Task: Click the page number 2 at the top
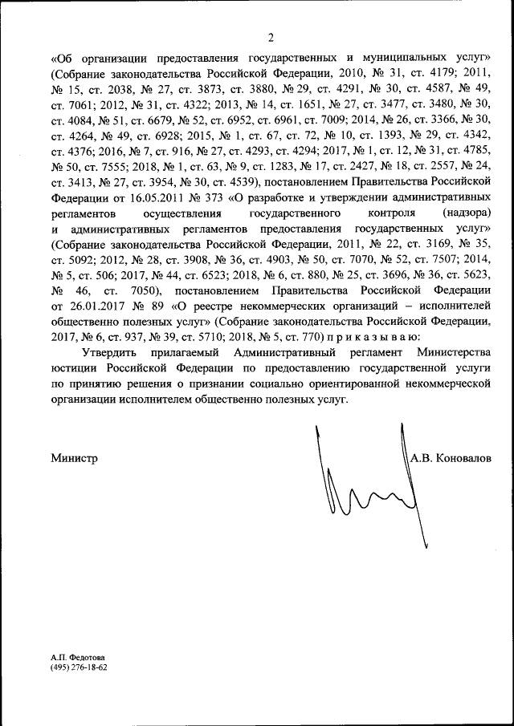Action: click(x=271, y=37)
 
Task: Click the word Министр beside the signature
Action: click(x=74, y=458)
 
